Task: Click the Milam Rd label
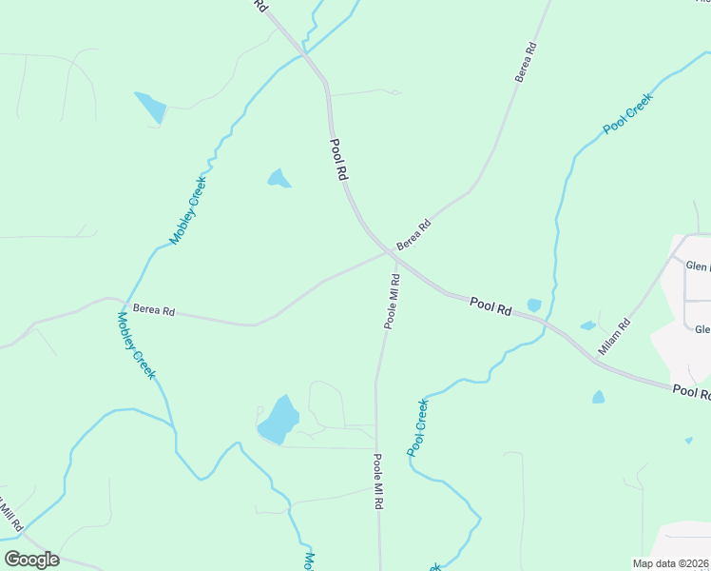pos(614,337)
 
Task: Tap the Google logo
pos(31,560)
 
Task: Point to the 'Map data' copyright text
pos(670,563)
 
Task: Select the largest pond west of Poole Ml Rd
pos(278,421)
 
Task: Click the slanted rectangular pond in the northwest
pos(150,107)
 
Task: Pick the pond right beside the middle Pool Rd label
pos(534,305)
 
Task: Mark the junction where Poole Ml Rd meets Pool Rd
pos(393,254)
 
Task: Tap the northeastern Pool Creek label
pos(627,112)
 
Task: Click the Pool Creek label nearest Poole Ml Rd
pos(418,426)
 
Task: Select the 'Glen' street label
pos(698,267)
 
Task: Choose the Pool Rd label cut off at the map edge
pos(691,391)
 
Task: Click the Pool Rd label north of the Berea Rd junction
pos(339,160)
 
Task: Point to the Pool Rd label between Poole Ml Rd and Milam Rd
pos(491,306)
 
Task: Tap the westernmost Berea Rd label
pos(154,309)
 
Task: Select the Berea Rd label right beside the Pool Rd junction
pos(413,235)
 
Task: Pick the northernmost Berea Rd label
pos(527,62)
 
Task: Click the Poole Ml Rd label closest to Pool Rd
pos(392,301)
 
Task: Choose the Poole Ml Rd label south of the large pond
pos(377,482)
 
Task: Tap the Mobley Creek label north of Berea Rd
pos(188,216)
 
